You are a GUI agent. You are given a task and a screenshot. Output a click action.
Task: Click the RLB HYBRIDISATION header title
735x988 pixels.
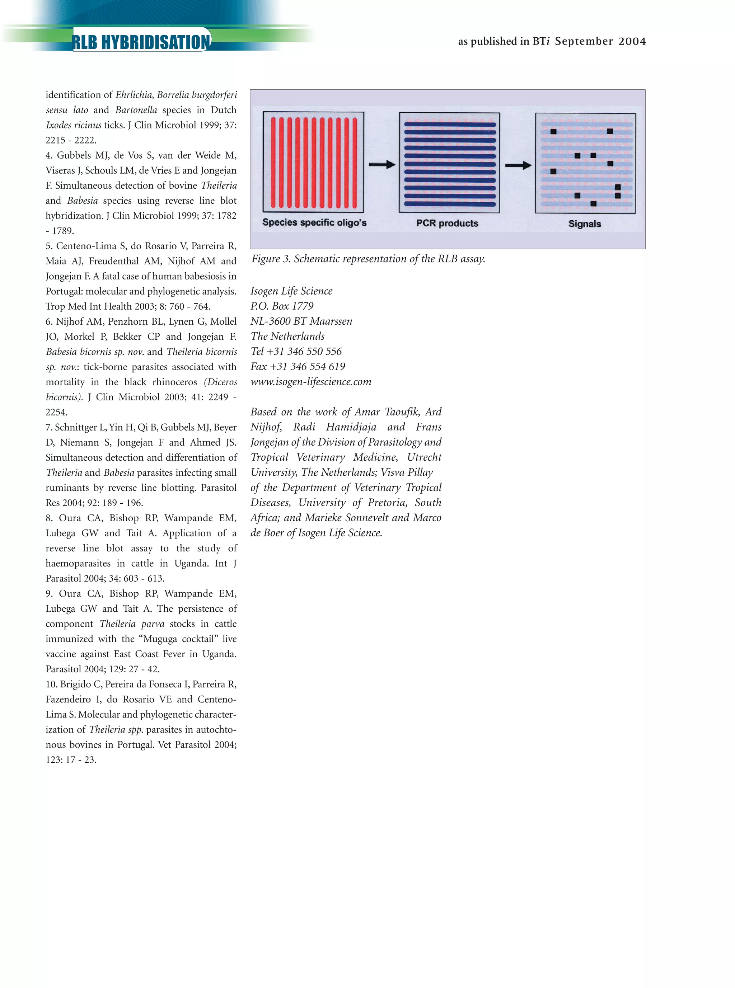[x=141, y=42]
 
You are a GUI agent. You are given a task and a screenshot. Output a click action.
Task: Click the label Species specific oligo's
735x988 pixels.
[x=314, y=222]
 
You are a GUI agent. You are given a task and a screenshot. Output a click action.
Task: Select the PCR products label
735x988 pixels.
[x=447, y=223]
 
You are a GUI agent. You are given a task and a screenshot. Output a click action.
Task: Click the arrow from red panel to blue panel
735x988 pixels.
[x=382, y=165]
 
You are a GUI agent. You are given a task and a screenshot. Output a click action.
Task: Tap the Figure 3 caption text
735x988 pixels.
[x=368, y=259]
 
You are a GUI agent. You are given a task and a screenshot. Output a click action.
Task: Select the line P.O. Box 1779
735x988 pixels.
[x=282, y=306]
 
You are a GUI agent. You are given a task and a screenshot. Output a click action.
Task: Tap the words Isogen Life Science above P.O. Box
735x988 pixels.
[x=291, y=291]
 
